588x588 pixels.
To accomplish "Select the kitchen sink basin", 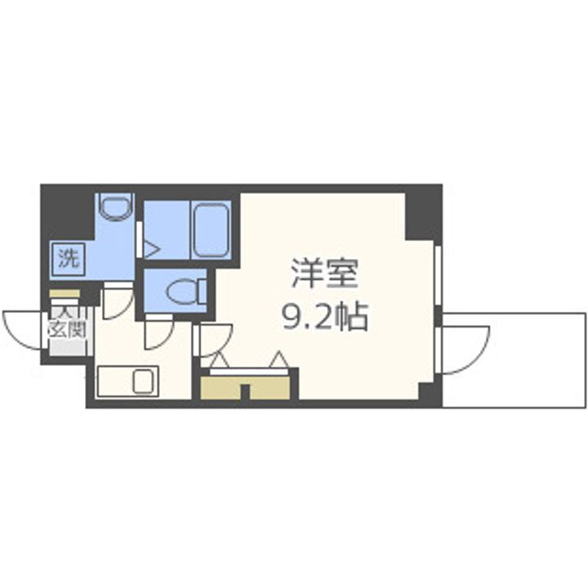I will point(144,381).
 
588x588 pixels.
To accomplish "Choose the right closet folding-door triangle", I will point(278,359).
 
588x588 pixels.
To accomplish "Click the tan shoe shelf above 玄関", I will point(65,294).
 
